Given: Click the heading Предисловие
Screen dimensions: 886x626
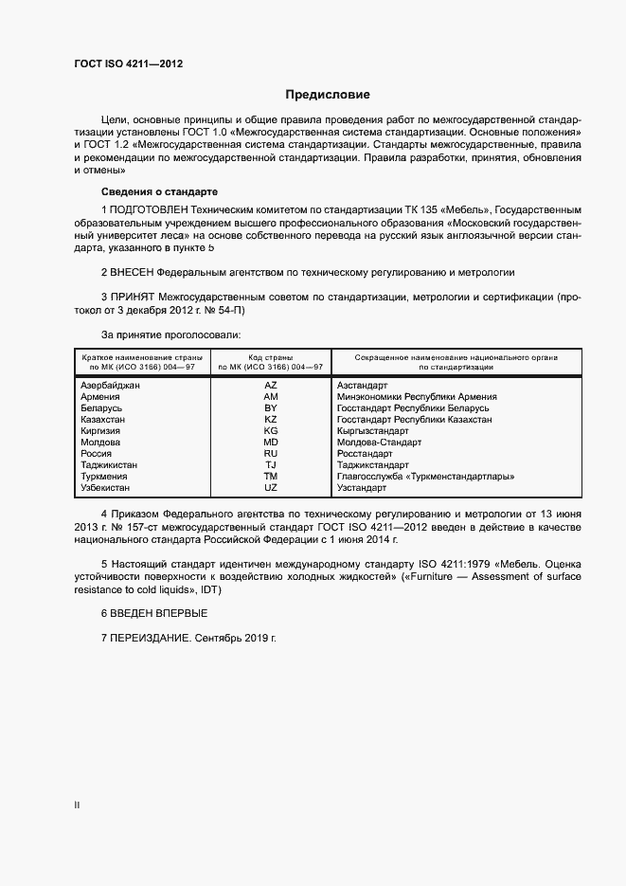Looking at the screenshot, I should tap(328, 95).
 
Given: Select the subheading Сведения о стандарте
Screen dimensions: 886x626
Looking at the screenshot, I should tap(158, 190).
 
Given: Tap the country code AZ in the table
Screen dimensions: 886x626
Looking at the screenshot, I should tap(271, 386).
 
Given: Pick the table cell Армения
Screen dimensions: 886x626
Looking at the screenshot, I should tap(101, 397).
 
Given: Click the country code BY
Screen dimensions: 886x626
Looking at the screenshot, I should tap(271, 408).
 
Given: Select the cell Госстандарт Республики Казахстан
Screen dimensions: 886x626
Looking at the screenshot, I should tap(415, 420).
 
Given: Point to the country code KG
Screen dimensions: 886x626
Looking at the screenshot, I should tap(271, 431).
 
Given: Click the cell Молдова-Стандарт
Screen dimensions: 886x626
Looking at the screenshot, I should tap(379, 443).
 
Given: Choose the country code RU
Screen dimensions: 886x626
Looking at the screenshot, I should tap(271, 454).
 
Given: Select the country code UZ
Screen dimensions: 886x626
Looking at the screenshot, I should tap(271, 488).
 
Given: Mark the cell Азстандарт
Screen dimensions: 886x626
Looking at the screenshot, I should tap(362, 386).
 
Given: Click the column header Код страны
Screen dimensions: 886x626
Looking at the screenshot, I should tap(271, 357).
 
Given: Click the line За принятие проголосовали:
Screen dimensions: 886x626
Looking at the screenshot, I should tap(170, 335).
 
